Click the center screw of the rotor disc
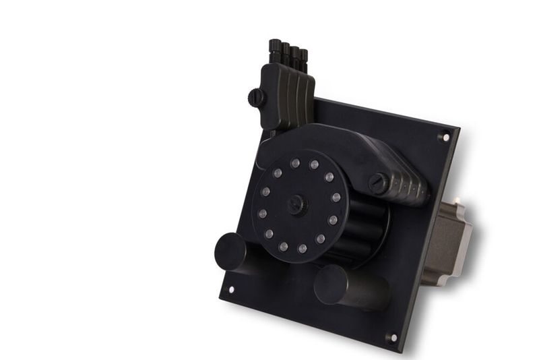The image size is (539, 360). pyautogui.click(x=297, y=204)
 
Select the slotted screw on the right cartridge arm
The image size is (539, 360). pyautogui.click(x=379, y=182)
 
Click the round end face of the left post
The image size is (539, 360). pyautogui.click(x=230, y=250)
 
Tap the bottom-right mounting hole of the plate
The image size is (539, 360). pyautogui.click(x=391, y=336)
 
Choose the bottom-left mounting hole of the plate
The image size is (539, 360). pyautogui.click(x=230, y=290)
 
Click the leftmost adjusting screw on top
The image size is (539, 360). pyautogui.click(x=275, y=47)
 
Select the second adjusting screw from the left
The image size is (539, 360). pyautogui.click(x=285, y=50)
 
